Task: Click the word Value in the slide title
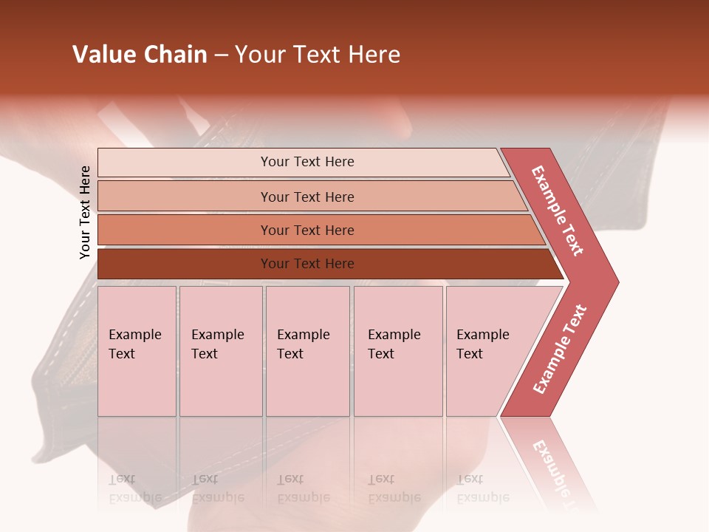[103, 55]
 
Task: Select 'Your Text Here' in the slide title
[318, 55]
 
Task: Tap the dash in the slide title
[221, 55]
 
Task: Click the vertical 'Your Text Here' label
[85, 212]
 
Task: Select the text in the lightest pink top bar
[307, 162]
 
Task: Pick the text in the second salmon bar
[307, 197]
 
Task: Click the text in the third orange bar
[307, 231]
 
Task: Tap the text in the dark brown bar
[307, 264]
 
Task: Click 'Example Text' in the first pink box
[134, 344]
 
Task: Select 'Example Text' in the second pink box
[217, 344]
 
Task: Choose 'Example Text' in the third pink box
[303, 344]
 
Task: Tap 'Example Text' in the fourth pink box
[394, 344]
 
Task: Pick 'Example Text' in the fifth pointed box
[482, 344]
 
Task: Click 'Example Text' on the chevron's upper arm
[558, 211]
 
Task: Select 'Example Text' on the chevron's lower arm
[560, 349]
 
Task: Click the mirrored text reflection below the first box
[134, 489]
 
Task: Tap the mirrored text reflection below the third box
[303, 489]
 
